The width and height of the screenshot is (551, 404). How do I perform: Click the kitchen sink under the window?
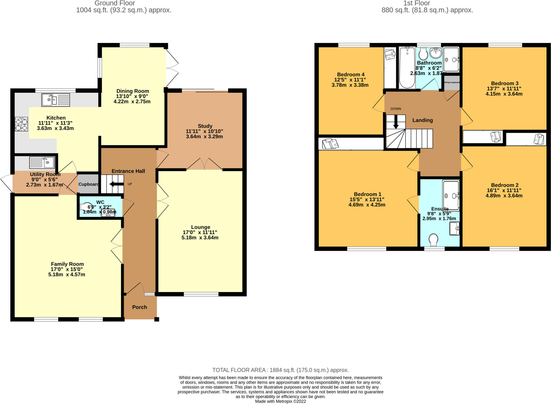55,100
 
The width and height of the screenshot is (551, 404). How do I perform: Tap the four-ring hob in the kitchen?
21,124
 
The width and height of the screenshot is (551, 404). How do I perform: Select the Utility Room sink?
42,162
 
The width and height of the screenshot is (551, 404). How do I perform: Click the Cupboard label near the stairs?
89,184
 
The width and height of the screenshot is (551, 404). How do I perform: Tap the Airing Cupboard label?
452,82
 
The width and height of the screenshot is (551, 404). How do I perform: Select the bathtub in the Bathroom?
407,68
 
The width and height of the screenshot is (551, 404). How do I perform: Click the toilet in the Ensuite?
433,239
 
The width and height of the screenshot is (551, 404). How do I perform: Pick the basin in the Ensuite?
454,229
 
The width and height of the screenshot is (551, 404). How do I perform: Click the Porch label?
140,307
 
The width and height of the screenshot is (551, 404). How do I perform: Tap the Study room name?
205,126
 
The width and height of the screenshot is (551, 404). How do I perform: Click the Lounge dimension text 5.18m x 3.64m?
200,238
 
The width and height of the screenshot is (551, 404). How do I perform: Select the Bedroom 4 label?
351,75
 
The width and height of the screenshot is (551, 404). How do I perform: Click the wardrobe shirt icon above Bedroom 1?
330,143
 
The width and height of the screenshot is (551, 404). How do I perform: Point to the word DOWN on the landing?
396,109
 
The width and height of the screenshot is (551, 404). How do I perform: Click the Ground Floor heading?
115,3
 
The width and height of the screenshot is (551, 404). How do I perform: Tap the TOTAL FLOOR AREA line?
280,370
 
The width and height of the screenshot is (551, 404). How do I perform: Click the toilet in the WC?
85,207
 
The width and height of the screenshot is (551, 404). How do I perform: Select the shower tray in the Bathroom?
451,60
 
